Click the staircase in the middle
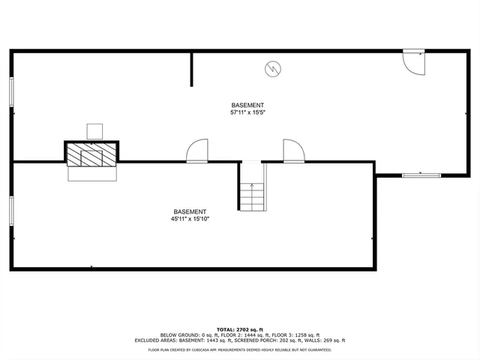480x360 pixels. coord(252,196)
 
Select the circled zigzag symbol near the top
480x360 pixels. coord(272,70)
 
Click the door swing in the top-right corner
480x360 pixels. coord(414,63)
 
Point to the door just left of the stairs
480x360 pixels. coord(198,150)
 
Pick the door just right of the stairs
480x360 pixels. coord(293,150)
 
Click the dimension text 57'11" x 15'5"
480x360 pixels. coord(247,112)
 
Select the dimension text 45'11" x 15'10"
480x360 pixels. coord(190,219)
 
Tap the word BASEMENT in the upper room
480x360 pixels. coord(247,105)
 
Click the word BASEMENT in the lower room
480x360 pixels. coord(190,211)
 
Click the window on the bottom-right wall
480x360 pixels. coord(421,175)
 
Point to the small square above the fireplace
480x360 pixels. coord(94,131)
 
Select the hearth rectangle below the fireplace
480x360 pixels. coord(93,173)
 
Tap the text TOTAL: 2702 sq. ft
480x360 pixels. coord(240,329)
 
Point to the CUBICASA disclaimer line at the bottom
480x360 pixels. coord(240,349)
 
